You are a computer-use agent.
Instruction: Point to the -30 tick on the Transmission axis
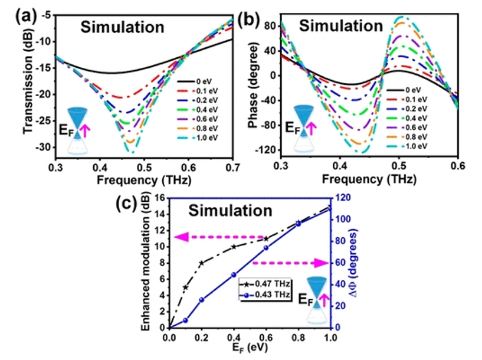click(45, 148)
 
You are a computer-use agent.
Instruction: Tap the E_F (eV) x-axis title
click(249, 351)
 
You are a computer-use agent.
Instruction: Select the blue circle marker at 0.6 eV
click(266, 248)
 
